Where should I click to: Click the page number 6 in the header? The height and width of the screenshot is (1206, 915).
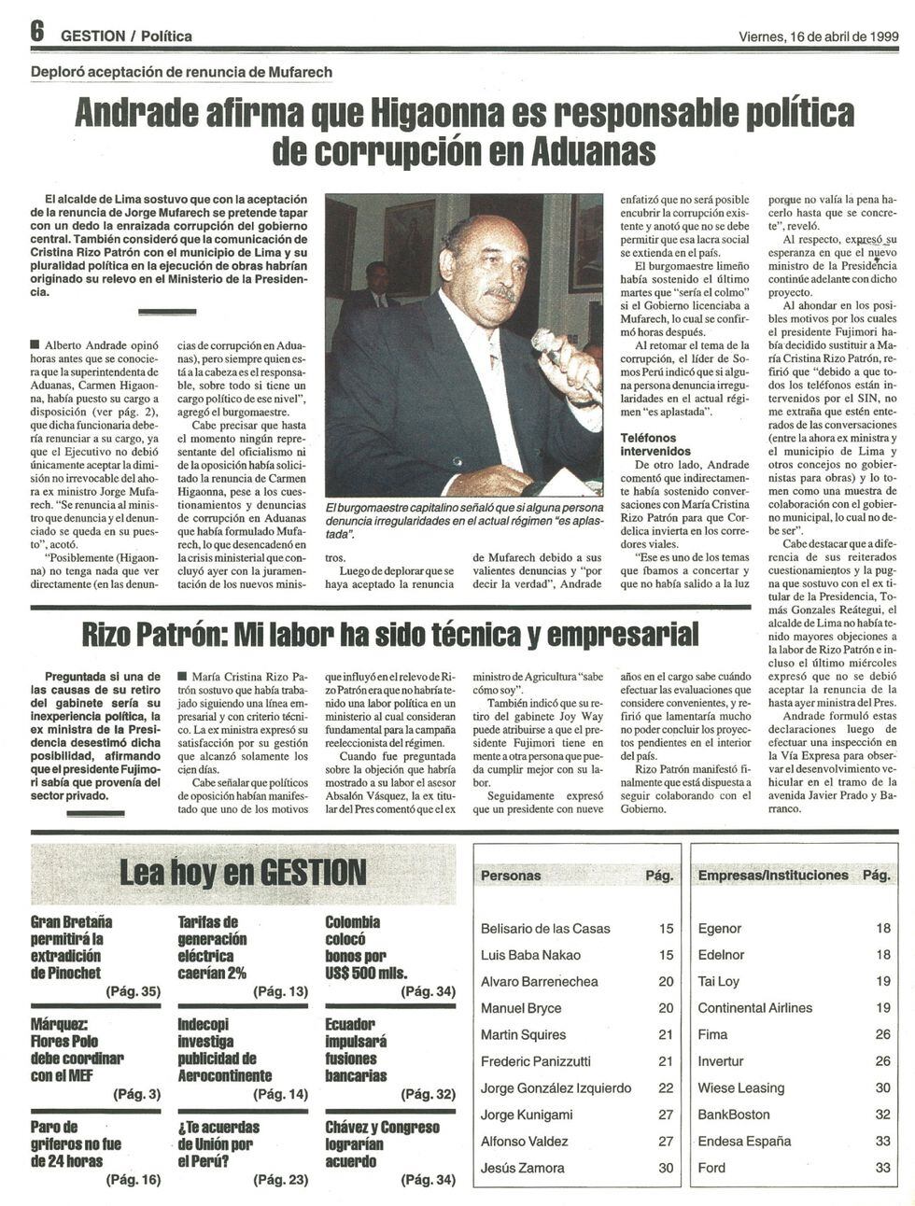(36, 32)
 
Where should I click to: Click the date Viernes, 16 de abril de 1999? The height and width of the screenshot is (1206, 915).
(818, 35)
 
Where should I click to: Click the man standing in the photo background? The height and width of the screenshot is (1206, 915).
(376, 289)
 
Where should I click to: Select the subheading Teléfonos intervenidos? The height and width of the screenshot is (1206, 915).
(656, 444)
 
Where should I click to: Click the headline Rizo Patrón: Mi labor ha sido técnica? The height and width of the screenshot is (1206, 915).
(390, 635)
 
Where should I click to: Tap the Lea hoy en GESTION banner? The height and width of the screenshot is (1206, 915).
(243, 873)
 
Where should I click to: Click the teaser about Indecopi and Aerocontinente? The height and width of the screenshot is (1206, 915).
(224, 1049)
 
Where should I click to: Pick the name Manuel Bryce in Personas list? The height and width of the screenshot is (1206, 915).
(521, 1008)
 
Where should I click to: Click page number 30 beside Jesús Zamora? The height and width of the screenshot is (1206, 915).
(665, 1168)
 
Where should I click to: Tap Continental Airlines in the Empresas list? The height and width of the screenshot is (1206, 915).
(754, 1008)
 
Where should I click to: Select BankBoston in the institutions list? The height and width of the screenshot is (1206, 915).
(734, 1115)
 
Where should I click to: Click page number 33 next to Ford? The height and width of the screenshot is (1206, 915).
(882, 1168)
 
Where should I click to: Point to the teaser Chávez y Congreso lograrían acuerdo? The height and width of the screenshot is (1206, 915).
(382, 1143)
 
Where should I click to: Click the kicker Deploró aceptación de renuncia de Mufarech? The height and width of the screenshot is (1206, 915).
(181, 72)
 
